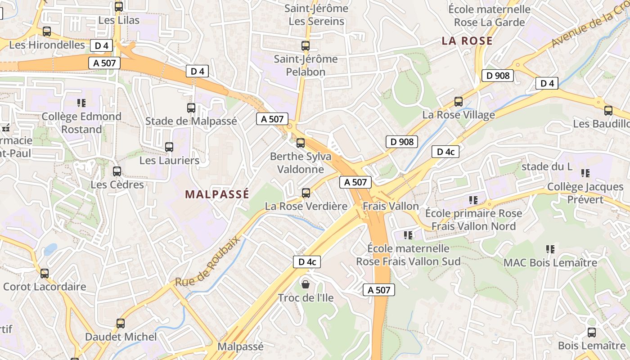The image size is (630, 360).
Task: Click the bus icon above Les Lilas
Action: pyautogui.click(x=119, y=7)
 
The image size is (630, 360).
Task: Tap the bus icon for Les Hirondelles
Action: pyautogui.click(x=47, y=31)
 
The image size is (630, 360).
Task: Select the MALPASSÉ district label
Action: pyautogui.click(x=217, y=194)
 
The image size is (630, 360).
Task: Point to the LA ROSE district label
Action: pyautogui.click(x=467, y=41)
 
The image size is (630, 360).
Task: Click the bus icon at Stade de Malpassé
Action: pyautogui.click(x=191, y=108)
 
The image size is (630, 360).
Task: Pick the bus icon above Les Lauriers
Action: pyautogui.click(x=169, y=147)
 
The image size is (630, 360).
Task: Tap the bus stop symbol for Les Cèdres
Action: pyautogui.click(x=117, y=171)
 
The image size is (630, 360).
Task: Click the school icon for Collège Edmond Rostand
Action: pyautogui.click(x=81, y=103)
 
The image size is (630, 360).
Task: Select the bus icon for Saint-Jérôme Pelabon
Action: pyautogui.click(x=306, y=45)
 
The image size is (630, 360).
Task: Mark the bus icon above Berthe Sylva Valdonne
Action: pyautogui.click(x=301, y=143)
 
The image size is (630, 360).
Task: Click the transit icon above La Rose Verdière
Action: pyautogui.click(x=306, y=193)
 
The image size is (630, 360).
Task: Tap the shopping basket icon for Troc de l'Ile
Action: pyautogui.click(x=306, y=284)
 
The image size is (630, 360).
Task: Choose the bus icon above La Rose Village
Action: pyautogui.click(x=459, y=102)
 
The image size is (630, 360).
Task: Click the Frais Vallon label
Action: pyautogui.click(x=391, y=206)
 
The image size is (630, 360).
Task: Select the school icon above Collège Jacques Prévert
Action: pyautogui.click(x=585, y=173)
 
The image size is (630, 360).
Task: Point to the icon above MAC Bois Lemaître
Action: pyautogui.click(x=550, y=249)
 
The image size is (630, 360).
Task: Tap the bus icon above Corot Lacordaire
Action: pyautogui.click(x=45, y=274)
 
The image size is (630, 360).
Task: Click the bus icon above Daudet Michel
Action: pyautogui.click(x=121, y=324)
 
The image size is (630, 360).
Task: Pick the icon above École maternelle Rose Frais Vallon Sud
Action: pyautogui.click(x=409, y=235)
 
